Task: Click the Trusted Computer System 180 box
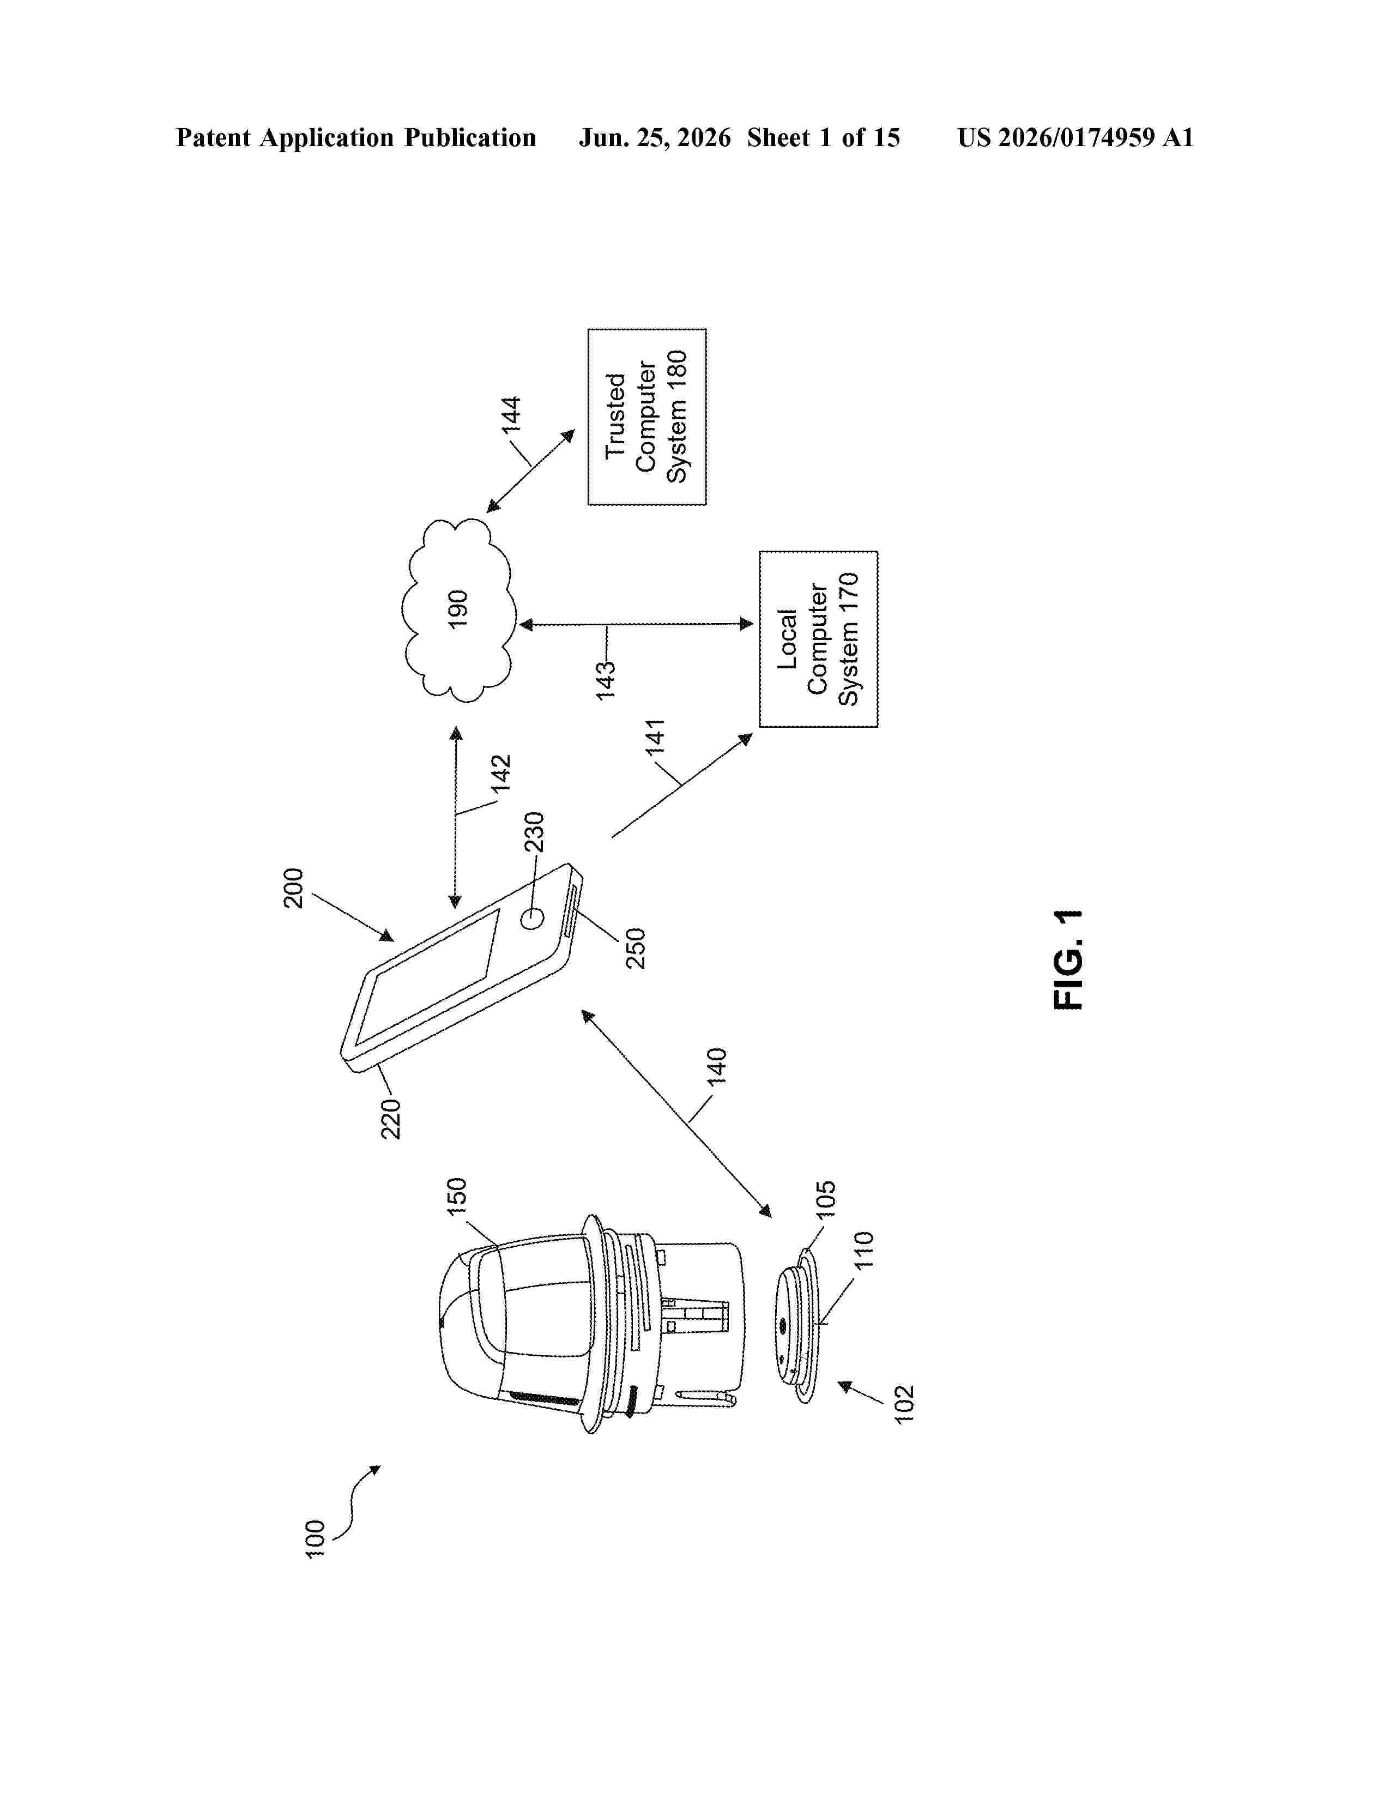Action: coord(646,417)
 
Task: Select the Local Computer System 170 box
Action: coord(819,639)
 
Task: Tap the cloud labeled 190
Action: coord(458,609)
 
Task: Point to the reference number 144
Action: coord(511,414)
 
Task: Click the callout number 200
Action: coord(293,888)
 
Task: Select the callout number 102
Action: coord(904,1404)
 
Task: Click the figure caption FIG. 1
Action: coord(1069,959)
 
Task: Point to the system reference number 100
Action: coord(315,1540)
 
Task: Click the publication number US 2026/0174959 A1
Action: coord(1075,137)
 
